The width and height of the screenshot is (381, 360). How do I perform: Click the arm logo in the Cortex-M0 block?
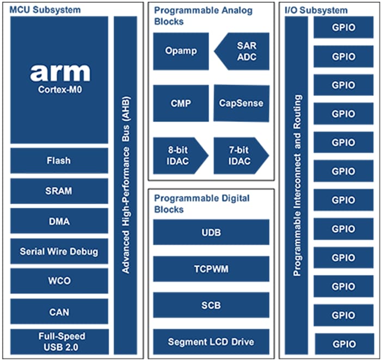pyautogui.click(x=59, y=72)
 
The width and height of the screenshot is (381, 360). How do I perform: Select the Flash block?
pyautogui.click(x=59, y=161)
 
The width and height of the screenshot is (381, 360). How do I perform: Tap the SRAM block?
pyautogui.click(x=59, y=191)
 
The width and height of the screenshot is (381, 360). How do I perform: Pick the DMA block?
pyautogui.click(x=59, y=221)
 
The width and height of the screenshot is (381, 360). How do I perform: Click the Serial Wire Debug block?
pyautogui.click(x=59, y=252)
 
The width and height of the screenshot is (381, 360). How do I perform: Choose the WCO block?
pyautogui.click(x=59, y=282)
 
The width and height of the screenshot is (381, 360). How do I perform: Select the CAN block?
pyautogui.click(x=59, y=312)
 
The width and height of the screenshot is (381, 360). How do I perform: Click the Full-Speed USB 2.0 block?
pyautogui.click(x=59, y=342)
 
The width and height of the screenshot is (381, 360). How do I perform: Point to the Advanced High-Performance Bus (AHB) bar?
pyautogui.click(x=126, y=185)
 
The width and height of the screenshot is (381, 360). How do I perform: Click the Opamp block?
pyautogui.click(x=181, y=51)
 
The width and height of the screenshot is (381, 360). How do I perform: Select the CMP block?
pyautogui.click(x=181, y=103)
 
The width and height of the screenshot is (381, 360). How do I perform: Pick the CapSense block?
pyautogui.click(x=241, y=103)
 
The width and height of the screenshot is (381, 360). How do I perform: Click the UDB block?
pyautogui.click(x=211, y=232)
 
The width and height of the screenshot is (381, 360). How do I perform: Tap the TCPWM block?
pyautogui.click(x=211, y=269)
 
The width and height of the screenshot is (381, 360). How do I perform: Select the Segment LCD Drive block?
pyautogui.click(x=211, y=342)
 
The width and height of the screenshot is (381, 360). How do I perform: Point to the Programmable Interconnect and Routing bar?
pyautogui.click(x=297, y=185)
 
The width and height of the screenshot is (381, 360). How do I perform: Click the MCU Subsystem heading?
pyautogui.click(x=45, y=10)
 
